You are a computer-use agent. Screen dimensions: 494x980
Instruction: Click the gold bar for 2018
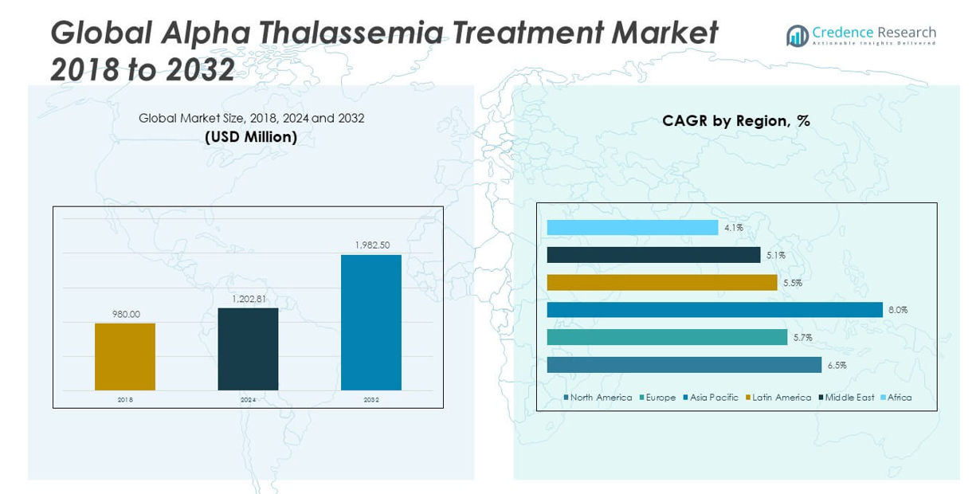(x=125, y=356)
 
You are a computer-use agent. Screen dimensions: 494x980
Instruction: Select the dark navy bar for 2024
(x=248, y=348)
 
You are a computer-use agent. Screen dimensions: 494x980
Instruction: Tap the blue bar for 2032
(x=371, y=322)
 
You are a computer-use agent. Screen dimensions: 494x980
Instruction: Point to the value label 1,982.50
(x=371, y=245)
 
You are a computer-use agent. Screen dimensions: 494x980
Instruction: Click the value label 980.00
(x=125, y=314)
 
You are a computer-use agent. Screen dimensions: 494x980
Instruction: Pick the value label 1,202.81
(x=248, y=299)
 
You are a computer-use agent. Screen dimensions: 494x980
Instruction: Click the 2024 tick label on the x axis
(x=248, y=400)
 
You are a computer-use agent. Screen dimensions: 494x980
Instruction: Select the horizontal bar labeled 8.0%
(x=715, y=310)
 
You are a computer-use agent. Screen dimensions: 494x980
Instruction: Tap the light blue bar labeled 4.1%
(x=633, y=228)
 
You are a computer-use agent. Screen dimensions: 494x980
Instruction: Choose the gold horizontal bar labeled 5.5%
(x=662, y=283)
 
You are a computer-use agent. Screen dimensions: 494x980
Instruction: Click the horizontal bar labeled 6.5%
(x=684, y=365)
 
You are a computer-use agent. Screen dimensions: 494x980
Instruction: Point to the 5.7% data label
(x=802, y=338)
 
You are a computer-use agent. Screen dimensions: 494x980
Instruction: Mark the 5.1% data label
(x=776, y=256)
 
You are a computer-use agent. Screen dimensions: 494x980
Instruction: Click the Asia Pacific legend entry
(x=711, y=398)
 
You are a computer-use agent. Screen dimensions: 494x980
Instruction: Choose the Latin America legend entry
(x=778, y=398)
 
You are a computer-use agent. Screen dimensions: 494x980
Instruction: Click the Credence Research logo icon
(x=797, y=35)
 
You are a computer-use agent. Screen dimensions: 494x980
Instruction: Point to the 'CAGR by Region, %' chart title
(x=735, y=121)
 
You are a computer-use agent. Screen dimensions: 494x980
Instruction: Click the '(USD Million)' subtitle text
(x=251, y=137)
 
